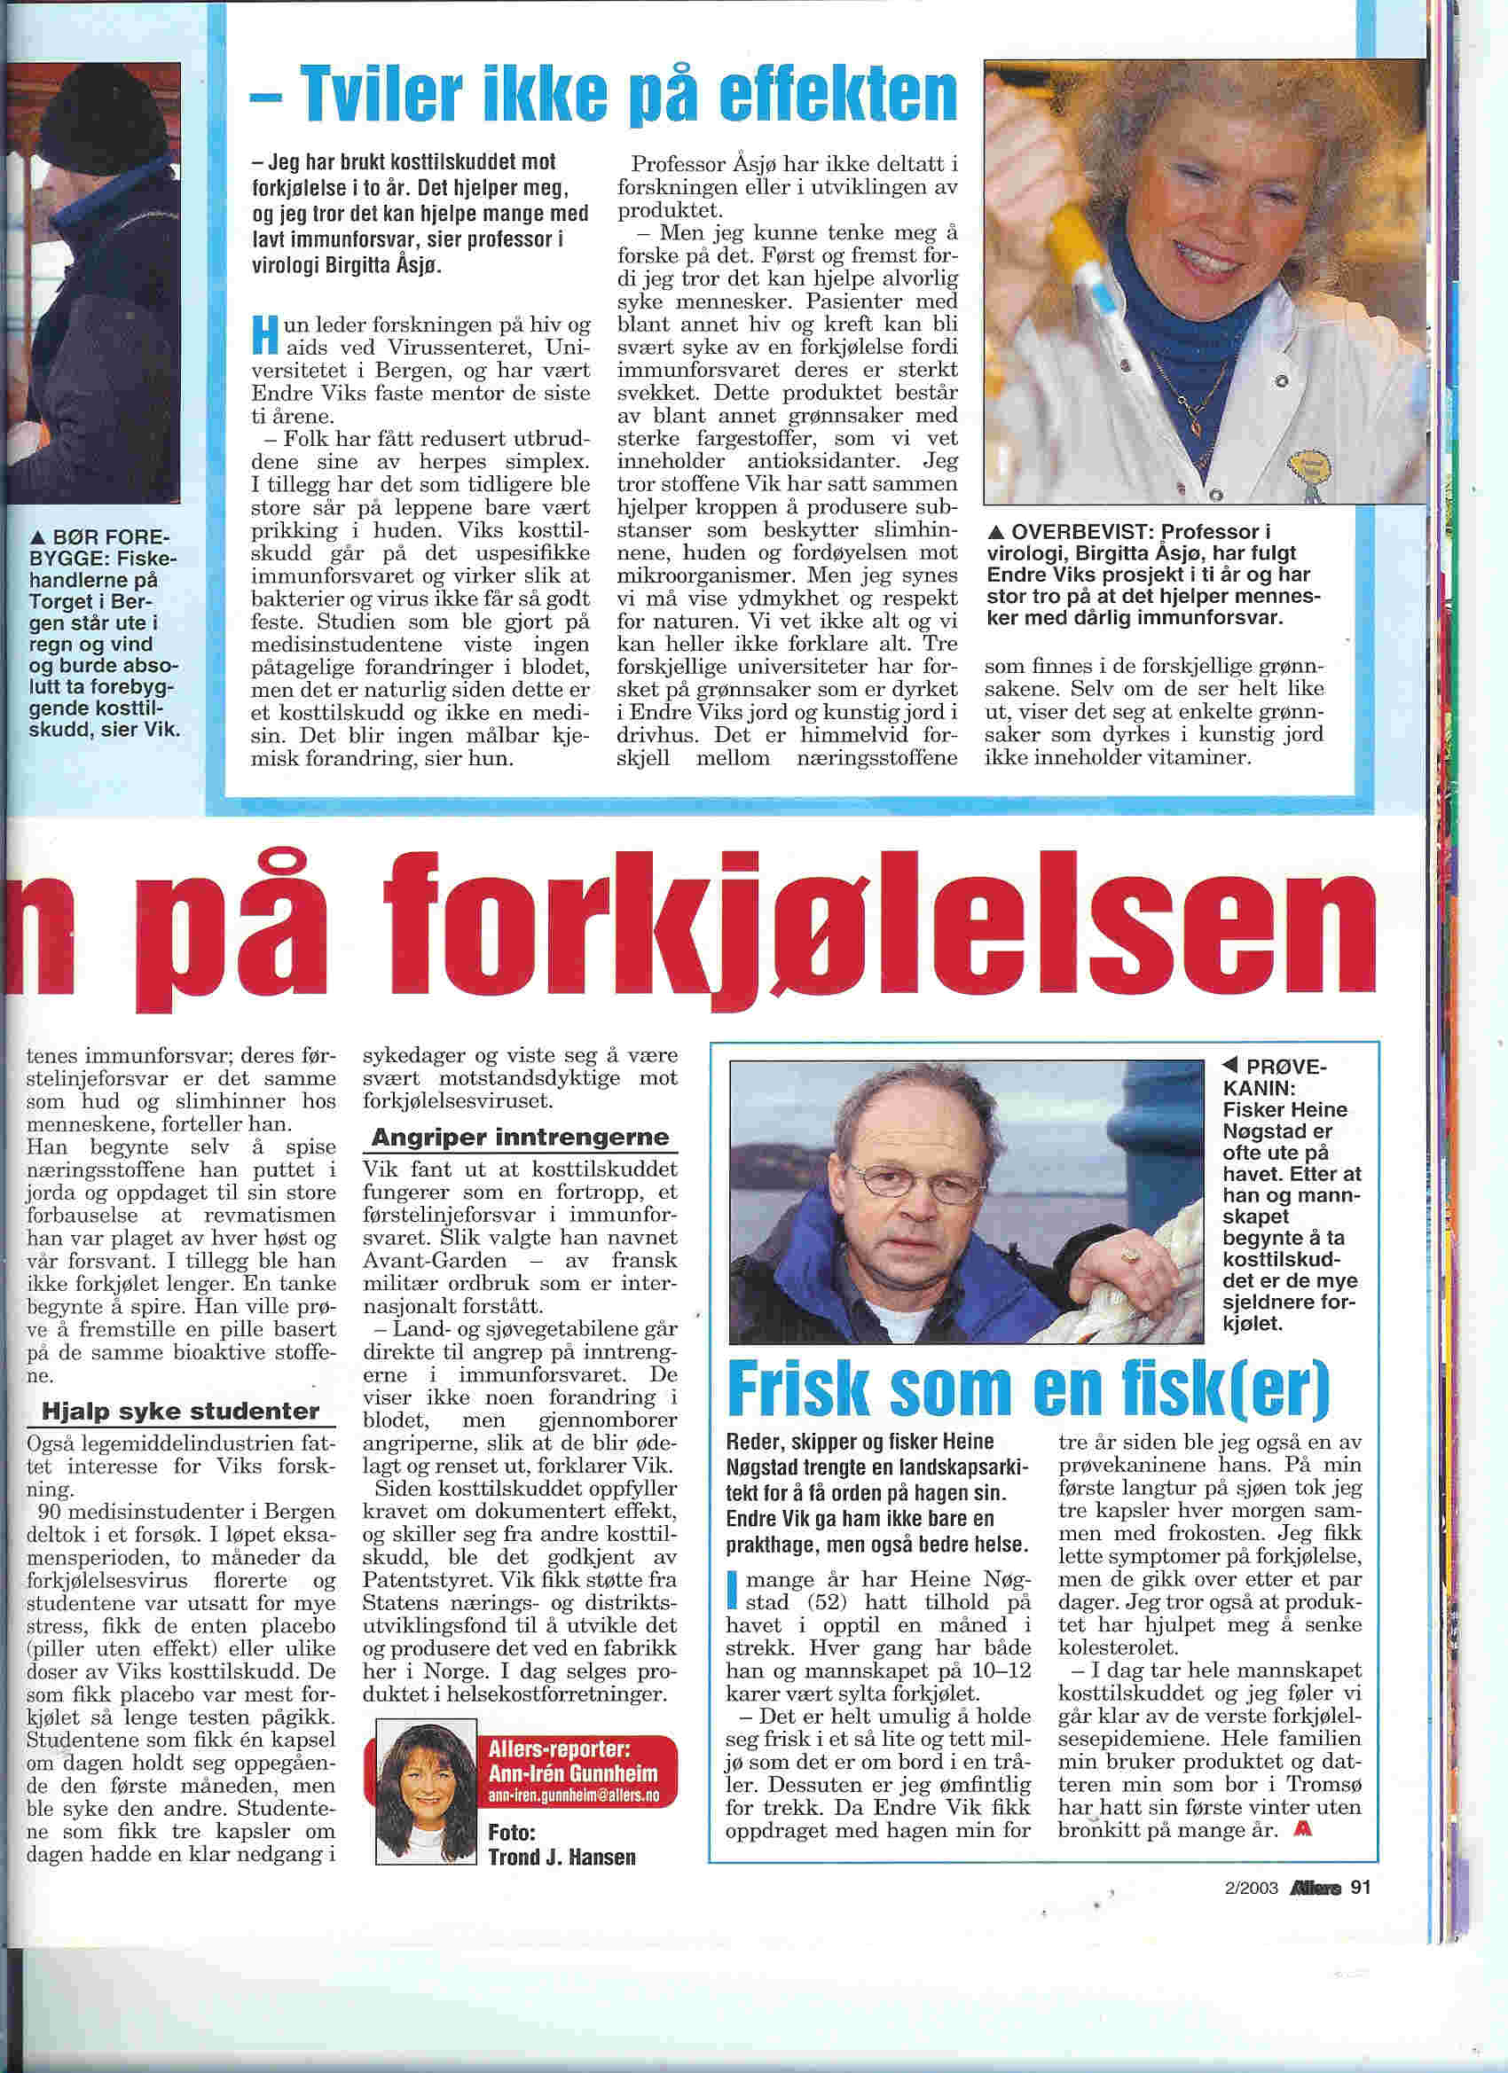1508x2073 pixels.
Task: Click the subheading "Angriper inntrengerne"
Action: pos(520,1138)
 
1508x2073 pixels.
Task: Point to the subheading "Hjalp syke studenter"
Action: pos(180,1412)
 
